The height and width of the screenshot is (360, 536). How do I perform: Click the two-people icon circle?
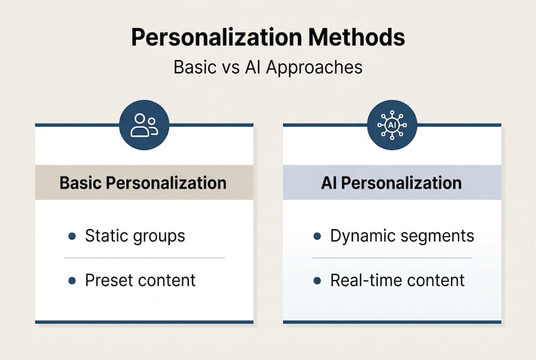[144, 125]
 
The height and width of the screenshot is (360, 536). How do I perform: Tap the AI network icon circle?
[392, 125]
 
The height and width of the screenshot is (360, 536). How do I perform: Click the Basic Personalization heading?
[143, 182]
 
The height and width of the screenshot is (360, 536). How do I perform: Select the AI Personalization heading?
[391, 182]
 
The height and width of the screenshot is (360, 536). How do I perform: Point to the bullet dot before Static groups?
[72, 236]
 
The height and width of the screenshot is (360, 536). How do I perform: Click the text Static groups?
[135, 236]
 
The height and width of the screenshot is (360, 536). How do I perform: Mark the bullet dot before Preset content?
[72, 281]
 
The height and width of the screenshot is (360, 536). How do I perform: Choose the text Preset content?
[140, 280]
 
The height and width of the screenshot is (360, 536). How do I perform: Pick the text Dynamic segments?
[402, 236]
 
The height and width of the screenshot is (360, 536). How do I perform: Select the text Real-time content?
[397, 280]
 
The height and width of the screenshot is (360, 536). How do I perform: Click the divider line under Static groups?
[144, 258]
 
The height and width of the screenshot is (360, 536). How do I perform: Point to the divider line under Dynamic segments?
[392, 258]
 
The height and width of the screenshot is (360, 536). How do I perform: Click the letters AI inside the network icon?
[392, 125]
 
